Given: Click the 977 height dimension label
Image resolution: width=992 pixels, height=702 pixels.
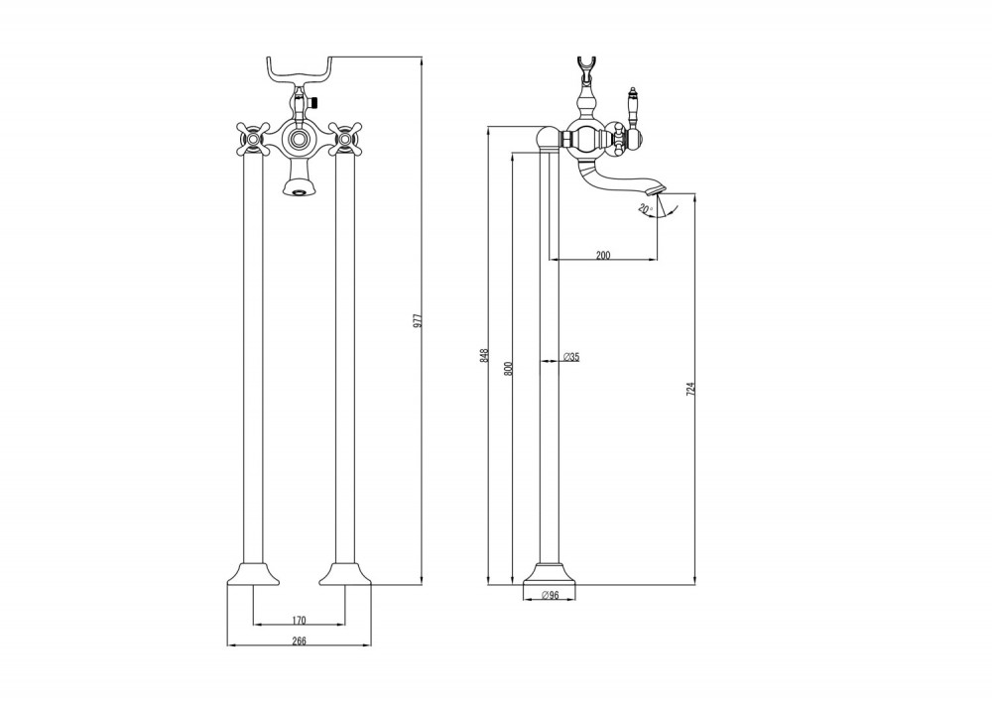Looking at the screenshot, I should pyautogui.click(x=418, y=320).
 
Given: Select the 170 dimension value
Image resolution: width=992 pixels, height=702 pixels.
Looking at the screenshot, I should pyautogui.click(x=300, y=621).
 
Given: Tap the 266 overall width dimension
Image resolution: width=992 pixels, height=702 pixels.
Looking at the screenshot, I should pyautogui.click(x=300, y=642).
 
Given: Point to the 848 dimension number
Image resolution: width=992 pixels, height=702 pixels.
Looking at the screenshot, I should pyautogui.click(x=484, y=354).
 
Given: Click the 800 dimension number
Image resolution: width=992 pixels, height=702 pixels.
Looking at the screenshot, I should pyautogui.click(x=507, y=368).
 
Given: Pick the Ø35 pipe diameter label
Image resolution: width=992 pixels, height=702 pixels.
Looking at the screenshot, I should pyautogui.click(x=570, y=356).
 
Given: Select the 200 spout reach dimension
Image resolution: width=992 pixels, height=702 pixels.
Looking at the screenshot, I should pyautogui.click(x=602, y=255).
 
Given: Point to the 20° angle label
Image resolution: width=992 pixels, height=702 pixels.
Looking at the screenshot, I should pyautogui.click(x=645, y=207).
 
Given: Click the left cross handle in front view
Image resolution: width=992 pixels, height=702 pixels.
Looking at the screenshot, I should pyautogui.click(x=250, y=139).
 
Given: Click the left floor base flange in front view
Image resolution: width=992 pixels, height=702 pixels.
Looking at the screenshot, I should pyautogui.click(x=251, y=574).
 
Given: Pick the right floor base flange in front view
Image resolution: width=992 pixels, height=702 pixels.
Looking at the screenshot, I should pyautogui.click(x=346, y=574).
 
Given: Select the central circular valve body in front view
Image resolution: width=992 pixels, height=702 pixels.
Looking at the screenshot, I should pyautogui.click(x=298, y=139).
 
